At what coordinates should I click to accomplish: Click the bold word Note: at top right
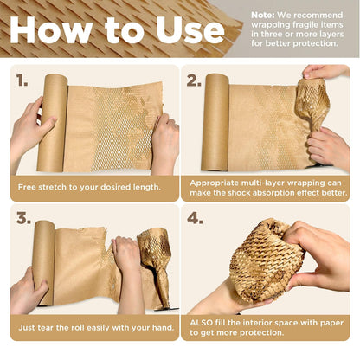[x=263, y=15]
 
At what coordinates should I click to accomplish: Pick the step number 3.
[x=23, y=218]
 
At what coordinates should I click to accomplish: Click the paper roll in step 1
[x=54, y=122]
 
